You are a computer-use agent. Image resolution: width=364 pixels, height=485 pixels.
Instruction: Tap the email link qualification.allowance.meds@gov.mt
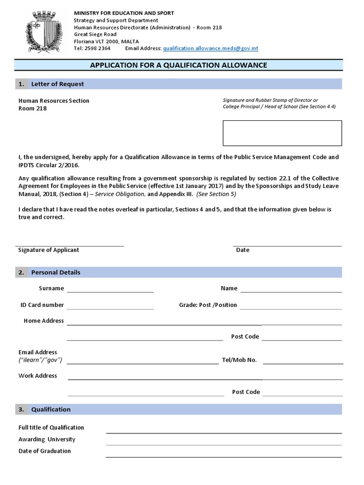coord(210,48)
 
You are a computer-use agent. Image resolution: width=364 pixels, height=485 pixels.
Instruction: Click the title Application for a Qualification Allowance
coord(179,65)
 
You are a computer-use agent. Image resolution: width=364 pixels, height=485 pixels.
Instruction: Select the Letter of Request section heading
coord(57,84)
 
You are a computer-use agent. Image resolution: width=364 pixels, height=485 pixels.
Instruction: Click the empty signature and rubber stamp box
coord(282,133)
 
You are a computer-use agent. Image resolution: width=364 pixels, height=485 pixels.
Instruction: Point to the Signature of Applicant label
coord(48,250)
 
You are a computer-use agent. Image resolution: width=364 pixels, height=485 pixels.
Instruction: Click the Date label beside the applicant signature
coord(243,250)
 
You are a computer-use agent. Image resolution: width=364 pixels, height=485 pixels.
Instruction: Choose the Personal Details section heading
coord(55,272)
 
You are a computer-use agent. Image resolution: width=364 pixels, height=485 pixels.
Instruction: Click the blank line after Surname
coord(110,291)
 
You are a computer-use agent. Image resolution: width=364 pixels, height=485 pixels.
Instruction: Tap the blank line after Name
coord(291,291)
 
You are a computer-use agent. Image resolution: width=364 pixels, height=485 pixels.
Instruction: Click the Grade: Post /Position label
coord(208,305)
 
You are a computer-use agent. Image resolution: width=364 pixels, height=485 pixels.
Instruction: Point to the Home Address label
coord(44,321)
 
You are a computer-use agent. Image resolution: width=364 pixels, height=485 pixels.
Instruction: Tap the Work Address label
coord(37,376)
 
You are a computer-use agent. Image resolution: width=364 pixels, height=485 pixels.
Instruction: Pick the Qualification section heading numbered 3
coord(51,409)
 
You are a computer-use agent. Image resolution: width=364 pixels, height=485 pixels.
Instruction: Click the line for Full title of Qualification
coord(224,432)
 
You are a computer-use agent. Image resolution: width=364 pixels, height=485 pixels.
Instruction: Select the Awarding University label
coord(47,439)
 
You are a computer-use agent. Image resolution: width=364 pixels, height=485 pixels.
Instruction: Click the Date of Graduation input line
coord(224,456)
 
